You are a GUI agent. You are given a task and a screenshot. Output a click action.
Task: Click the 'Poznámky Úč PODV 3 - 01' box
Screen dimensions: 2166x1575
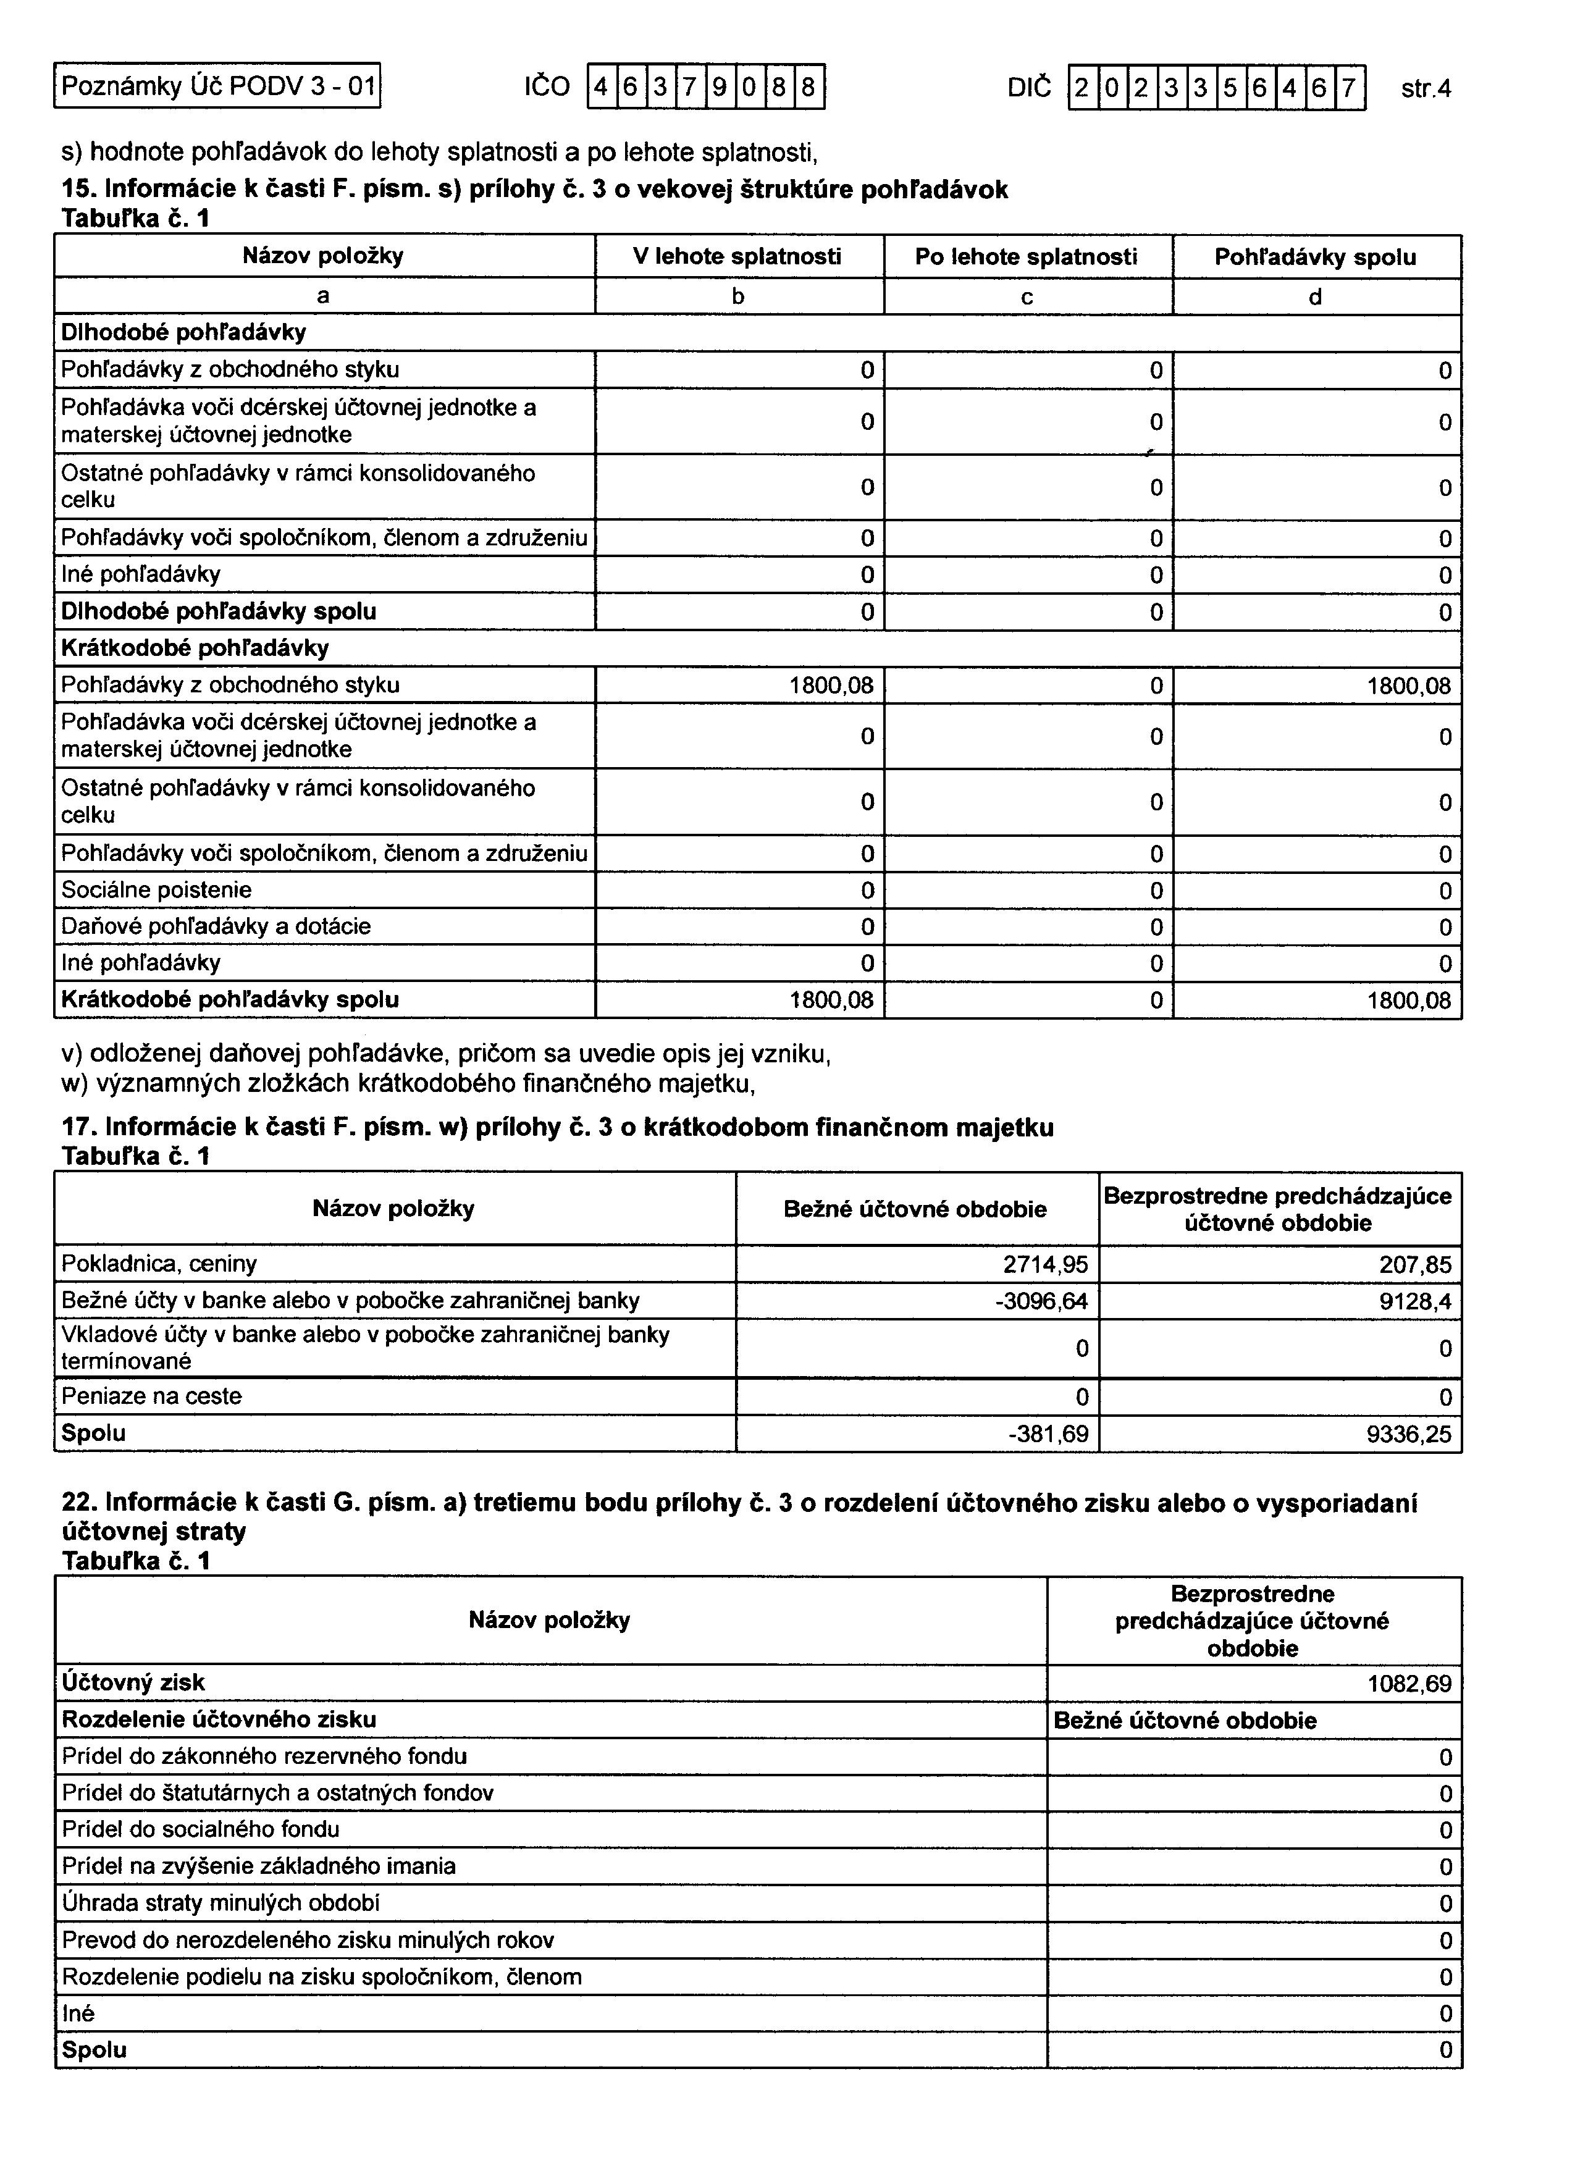tap(218, 87)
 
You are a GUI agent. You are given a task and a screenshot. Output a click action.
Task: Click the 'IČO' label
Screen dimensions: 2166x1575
tap(547, 87)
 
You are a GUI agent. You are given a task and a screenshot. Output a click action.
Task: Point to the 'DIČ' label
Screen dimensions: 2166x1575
tap(1028, 88)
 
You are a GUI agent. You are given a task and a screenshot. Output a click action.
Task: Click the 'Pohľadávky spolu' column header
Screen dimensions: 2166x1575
tap(1315, 257)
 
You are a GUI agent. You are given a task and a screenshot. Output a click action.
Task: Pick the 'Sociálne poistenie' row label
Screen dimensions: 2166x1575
tap(157, 890)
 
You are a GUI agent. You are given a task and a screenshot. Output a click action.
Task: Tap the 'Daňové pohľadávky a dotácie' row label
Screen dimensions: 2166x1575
tap(216, 926)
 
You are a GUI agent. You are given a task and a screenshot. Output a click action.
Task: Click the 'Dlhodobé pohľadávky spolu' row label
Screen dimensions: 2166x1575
tap(219, 611)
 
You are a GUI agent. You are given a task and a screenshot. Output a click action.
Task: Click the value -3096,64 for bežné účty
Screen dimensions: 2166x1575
tap(1041, 1301)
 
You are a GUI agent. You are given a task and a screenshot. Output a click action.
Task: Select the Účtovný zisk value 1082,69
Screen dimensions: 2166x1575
tap(1409, 1684)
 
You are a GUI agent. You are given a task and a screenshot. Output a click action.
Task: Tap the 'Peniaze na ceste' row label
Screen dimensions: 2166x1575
tap(152, 1396)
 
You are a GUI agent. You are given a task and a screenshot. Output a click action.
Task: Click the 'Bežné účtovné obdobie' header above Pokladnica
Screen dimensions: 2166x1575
tap(915, 1209)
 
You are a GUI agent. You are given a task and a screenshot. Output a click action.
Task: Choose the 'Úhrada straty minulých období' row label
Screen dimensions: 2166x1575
tap(220, 1904)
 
